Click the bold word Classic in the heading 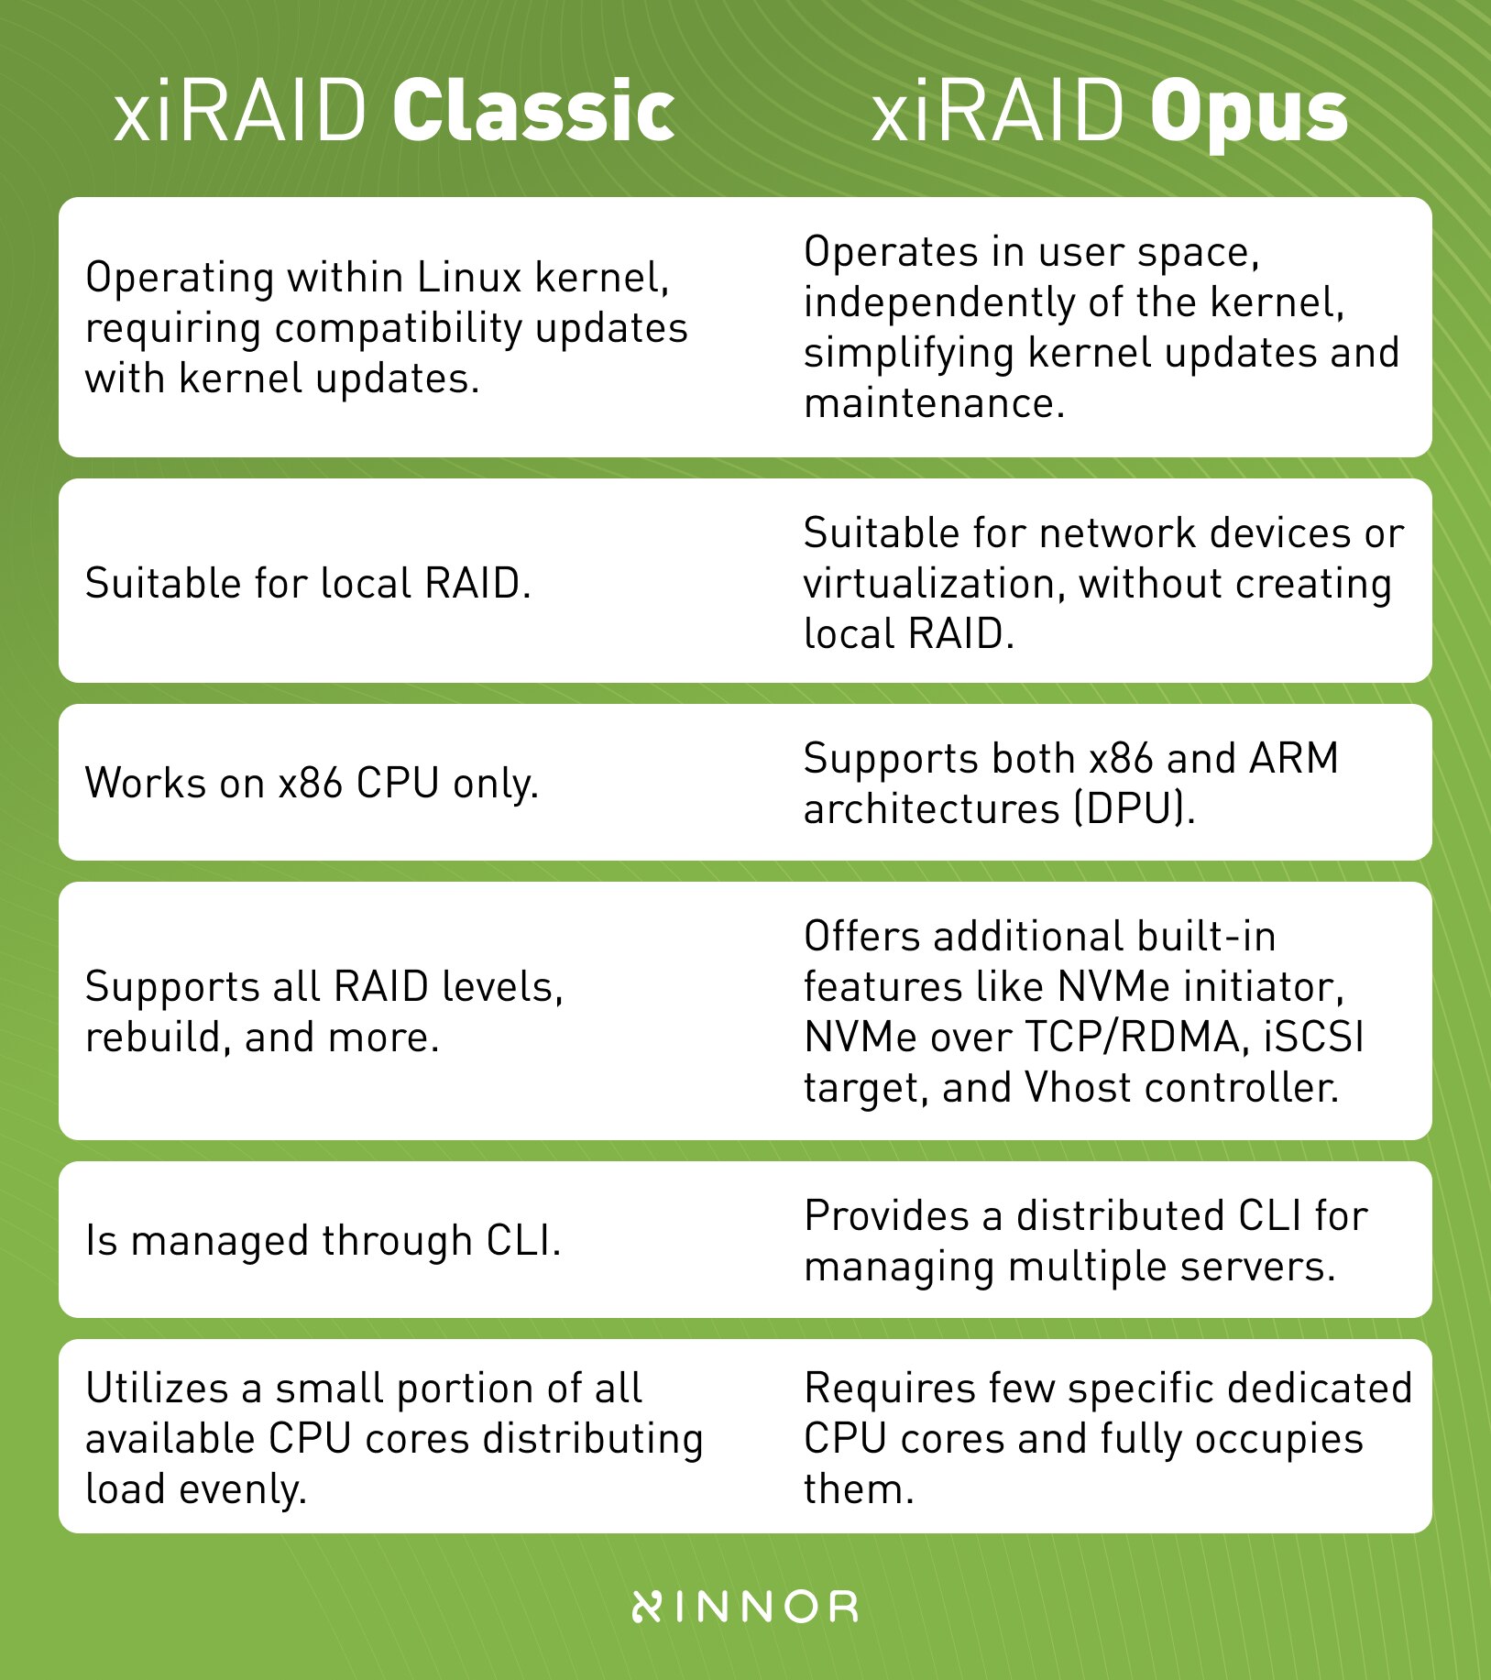tap(533, 111)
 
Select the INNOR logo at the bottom tap(745, 1606)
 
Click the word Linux tap(469, 277)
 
